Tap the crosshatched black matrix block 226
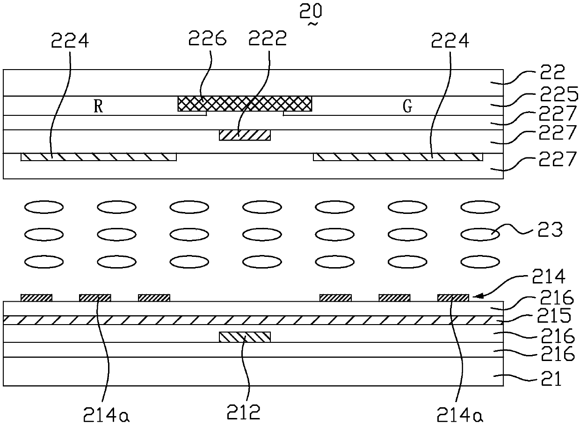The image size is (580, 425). [x=245, y=103]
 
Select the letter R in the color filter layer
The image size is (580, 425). [x=98, y=107]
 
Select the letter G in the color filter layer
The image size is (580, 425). [x=407, y=107]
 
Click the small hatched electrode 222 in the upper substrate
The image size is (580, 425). [x=245, y=135]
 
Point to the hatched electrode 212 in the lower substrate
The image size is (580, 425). [x=245, y=337]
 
